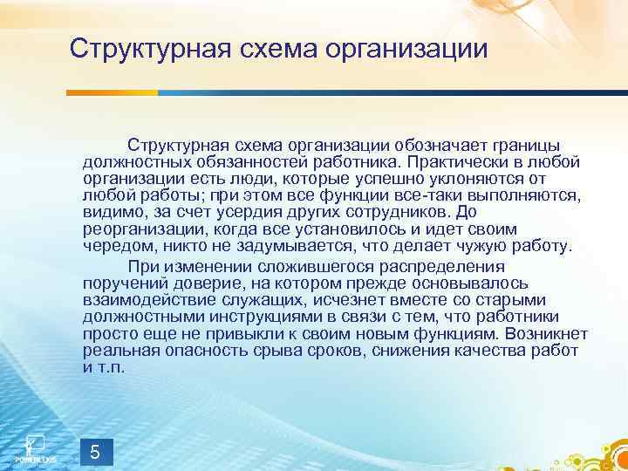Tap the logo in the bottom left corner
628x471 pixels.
pos(35,445)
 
